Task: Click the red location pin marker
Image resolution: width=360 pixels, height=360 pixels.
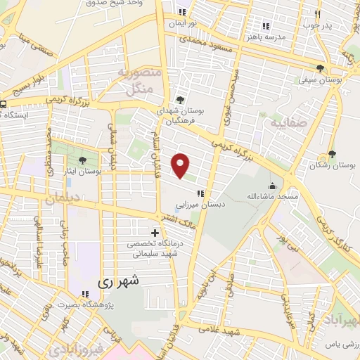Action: coord(181,165)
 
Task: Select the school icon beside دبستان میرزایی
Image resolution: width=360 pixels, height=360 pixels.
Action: coord(200,193)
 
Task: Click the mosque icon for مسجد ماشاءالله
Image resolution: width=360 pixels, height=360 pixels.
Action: coord(271,186)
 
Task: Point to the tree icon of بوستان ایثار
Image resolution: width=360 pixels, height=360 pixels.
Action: coord(82,160)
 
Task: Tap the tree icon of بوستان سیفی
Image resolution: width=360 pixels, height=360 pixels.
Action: coord(321,69)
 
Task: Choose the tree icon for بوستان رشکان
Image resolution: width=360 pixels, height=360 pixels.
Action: coord(331,154)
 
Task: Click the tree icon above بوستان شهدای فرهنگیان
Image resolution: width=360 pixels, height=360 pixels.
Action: coord(181,100)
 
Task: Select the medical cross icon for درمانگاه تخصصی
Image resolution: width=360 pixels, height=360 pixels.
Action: coord(155,232)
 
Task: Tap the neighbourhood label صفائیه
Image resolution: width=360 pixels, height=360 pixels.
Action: coord(280,123)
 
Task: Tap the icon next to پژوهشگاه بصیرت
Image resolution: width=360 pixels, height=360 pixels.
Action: coord(85,294)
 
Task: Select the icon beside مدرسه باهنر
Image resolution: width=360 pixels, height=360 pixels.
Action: coord(266,25)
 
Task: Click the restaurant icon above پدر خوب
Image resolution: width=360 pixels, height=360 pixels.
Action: coord(318,13)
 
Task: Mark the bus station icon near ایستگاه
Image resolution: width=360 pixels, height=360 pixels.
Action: coord(4,105)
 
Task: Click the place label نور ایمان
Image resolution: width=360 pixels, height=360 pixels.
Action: coord(184,22)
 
